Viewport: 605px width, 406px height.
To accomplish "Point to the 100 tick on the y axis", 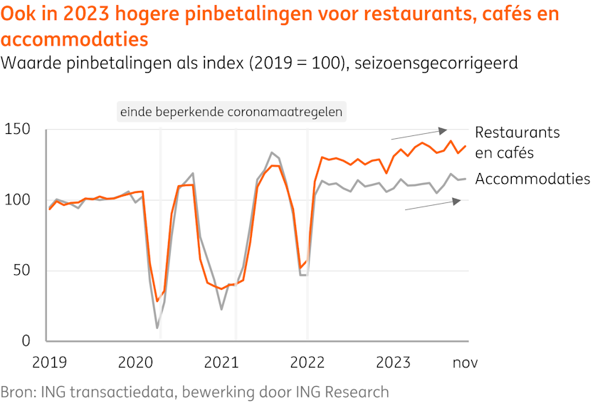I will click(17, 200).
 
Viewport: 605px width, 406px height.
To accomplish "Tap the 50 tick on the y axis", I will click(24, 271).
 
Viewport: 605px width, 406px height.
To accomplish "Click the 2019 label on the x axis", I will click(50, 363).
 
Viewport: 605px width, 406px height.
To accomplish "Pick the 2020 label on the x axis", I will click(136, 363).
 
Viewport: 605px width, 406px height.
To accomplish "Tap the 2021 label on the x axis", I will click(221, 363).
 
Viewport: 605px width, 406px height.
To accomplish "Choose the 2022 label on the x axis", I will click(307, 363).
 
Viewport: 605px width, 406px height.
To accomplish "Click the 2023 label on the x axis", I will click(393, 363).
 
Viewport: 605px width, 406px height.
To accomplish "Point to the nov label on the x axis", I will click(465, 363).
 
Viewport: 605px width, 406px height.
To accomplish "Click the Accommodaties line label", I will click(532, 179).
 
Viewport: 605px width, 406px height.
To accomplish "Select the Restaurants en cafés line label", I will click(517, 142).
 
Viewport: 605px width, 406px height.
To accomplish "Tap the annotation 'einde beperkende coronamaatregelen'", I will click(231, 112).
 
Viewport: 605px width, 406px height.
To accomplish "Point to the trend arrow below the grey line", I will click(433, 205).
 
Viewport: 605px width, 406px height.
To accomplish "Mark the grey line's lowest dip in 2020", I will click(157, 328).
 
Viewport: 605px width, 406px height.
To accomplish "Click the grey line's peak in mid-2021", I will click(271, 152).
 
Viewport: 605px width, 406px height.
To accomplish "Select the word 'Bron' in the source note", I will click(16, 392).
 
